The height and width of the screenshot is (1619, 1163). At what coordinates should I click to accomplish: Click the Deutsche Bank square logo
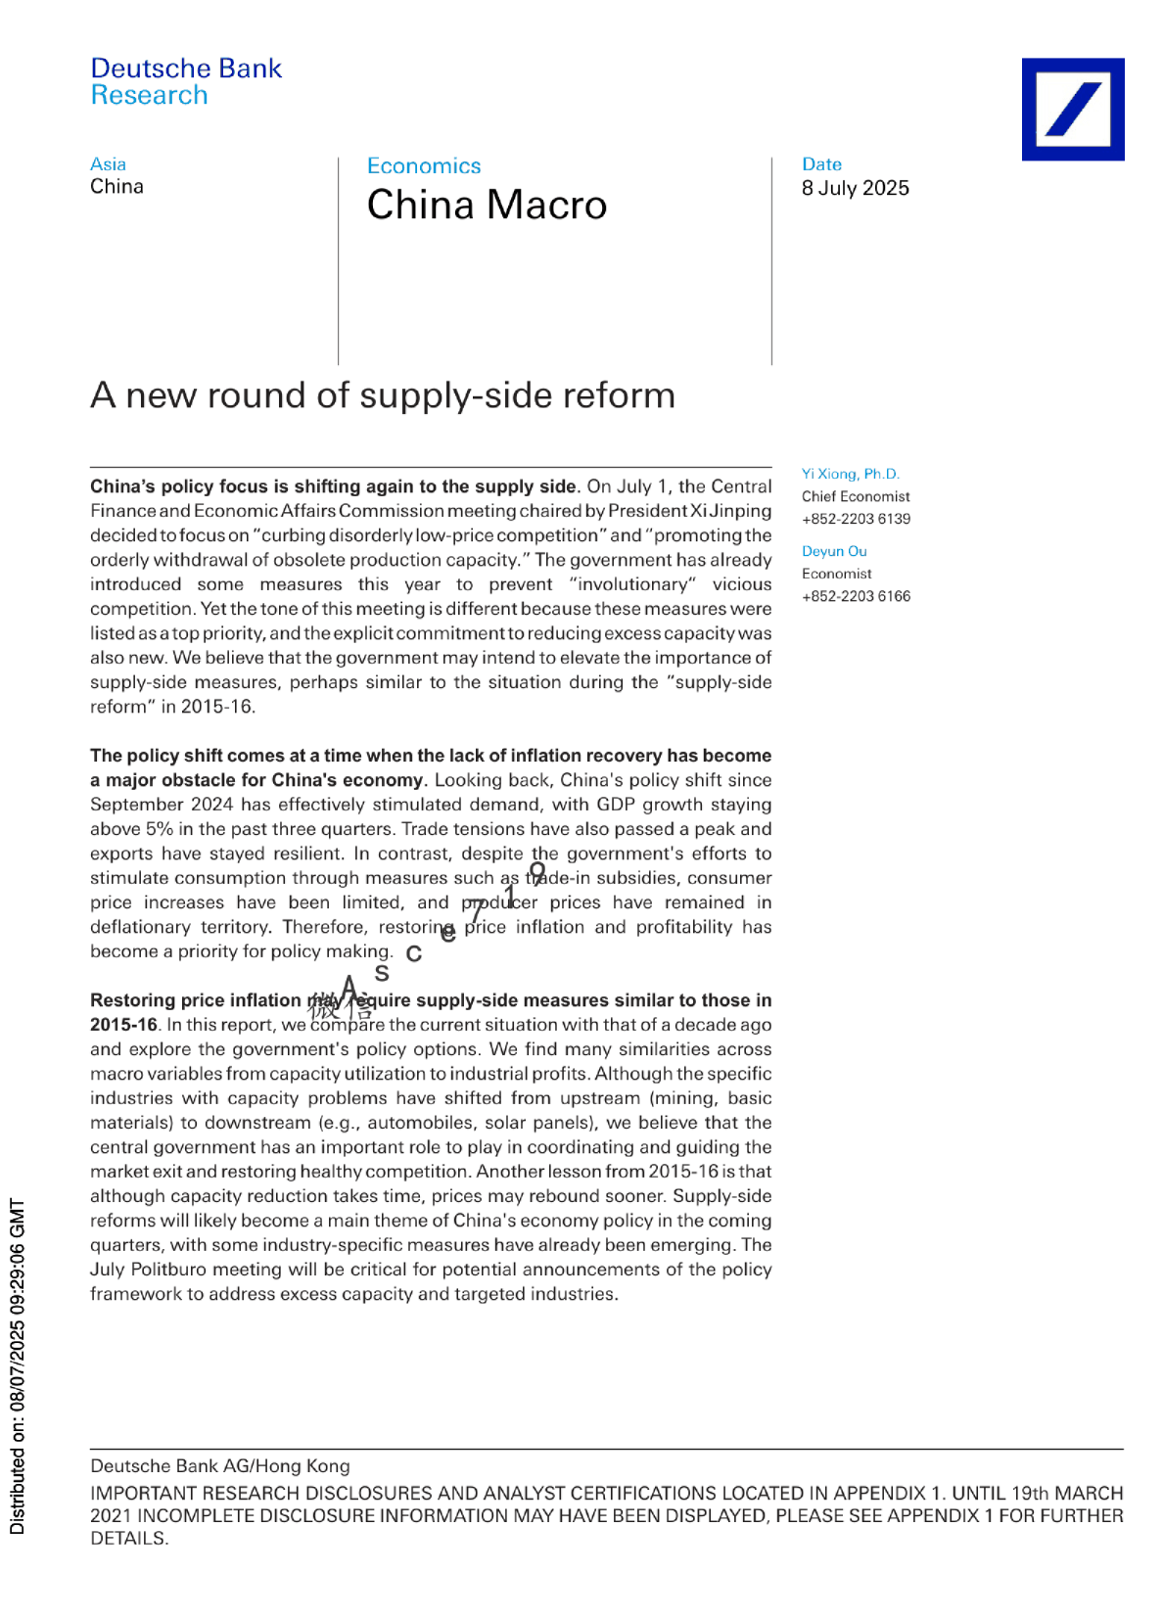pyautogui.click(x=1072, y=109)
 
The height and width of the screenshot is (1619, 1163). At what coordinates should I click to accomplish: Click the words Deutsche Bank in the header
pyautogui.click(x=186, y=69)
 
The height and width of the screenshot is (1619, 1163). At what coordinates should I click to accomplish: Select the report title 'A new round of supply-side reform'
pyautogui.click(x=383, y=395)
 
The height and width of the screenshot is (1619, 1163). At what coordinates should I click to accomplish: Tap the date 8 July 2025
pyautogui.click(x=855, y=188)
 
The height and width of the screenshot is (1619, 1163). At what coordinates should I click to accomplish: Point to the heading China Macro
pyautogui.click(x=487, y=205)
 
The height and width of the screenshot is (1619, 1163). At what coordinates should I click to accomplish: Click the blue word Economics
pyautogui.click(x=424, y=166)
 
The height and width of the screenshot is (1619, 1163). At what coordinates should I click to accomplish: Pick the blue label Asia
pyautogui.click(x=108, y=164)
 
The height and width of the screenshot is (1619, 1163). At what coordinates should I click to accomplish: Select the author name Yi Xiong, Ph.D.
pyautogui.click(x=850, y=474)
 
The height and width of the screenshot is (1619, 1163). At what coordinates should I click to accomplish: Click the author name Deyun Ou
pyautogui.click(x=834, y=551)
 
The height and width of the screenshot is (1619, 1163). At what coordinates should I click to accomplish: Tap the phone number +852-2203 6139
pyautogui.click(x=856, y=519)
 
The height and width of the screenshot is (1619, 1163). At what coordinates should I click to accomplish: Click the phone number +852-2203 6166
pyautogui.click(x=856, y=596)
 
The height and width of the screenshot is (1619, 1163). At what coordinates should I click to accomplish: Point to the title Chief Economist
pyautogui.click(x=856, y=496)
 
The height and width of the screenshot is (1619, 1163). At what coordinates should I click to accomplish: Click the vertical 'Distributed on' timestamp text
pyautogui.click(x=17, y=1365)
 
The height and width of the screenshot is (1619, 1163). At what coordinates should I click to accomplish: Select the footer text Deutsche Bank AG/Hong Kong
pyautogui.click(x=219, y=1465)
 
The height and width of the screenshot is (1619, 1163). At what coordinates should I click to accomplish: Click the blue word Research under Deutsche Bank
pyautogui.click(x=149, y=95)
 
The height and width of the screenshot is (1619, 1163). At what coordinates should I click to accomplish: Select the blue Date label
pyautogui.click(x=821, y=164)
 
